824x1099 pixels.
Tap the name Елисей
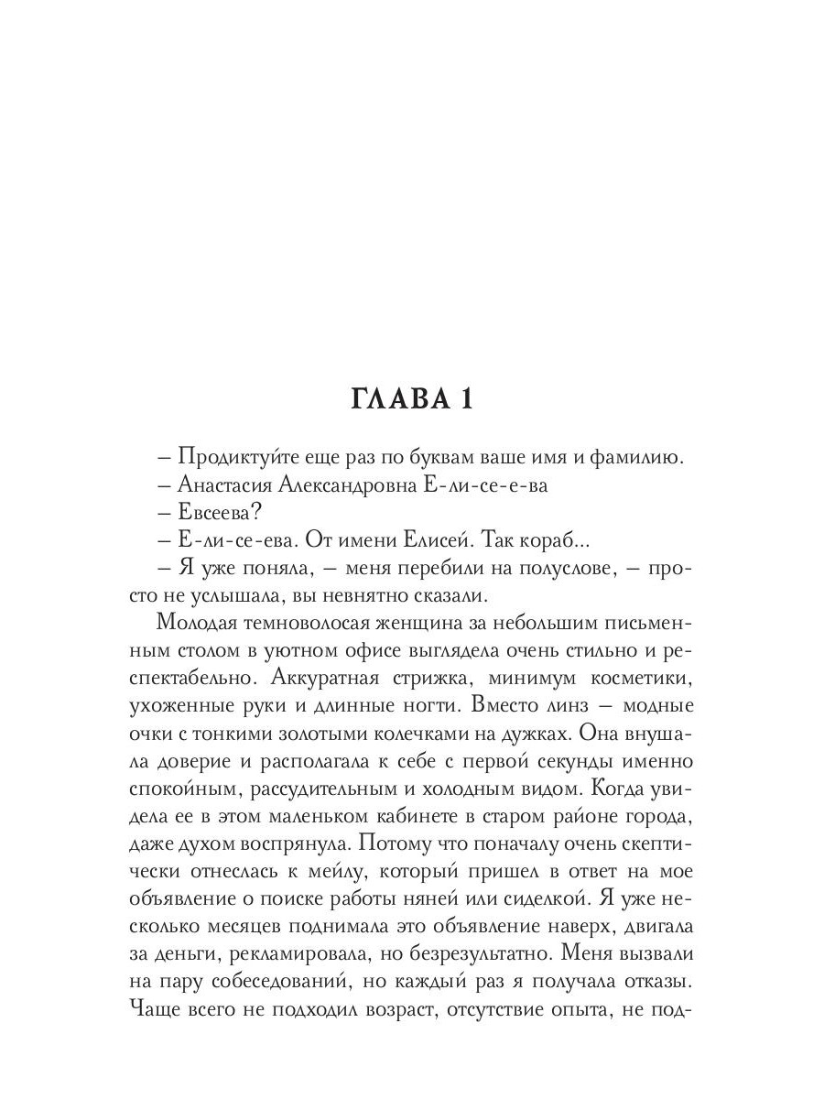pos(482,542)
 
